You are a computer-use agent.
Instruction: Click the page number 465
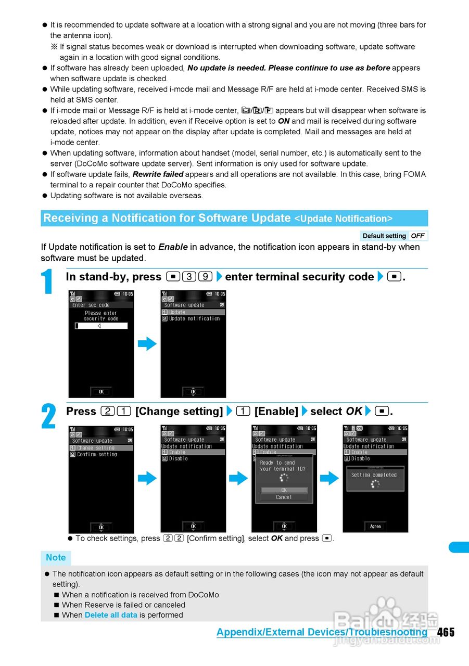coord(446,632)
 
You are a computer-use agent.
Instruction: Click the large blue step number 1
coord(47,283)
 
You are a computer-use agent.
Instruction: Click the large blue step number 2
coord(48,417)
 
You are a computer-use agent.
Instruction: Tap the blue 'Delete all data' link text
coord(111,615)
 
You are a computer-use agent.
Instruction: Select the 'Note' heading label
coord(56,558)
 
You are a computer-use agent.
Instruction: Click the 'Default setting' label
coord(384,236)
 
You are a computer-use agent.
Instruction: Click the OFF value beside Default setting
coord(417,236)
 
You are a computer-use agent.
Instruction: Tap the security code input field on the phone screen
coord(101,326)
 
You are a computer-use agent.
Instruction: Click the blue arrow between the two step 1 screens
coord(147,344)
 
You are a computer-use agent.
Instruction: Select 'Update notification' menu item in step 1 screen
coord(194,318)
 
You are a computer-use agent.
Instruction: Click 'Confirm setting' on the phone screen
coord(97,454)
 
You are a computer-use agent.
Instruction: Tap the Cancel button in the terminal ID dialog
coord(284,497)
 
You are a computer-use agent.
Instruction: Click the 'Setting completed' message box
coord(375,478)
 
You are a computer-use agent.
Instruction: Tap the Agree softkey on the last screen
coord(375,526)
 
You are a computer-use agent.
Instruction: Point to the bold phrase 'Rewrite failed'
coord(158,174)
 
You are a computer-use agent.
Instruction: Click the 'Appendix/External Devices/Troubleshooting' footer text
coord(322,632)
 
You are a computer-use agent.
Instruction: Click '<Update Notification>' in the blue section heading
coord(344,219)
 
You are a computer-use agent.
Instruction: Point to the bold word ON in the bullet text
coord(284,121)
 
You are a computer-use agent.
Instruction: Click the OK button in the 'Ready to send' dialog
coord(284,490)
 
